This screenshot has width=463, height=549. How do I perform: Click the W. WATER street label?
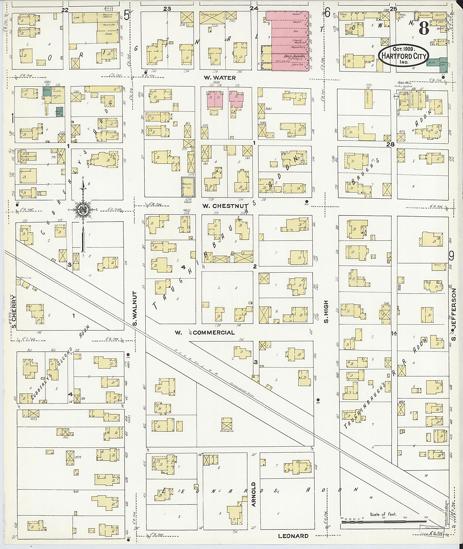click(x=220, y=78)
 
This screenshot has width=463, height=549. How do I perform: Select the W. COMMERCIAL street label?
click(x=205, y=332)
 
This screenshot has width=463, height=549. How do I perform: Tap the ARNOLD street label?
click(x=253, y=494)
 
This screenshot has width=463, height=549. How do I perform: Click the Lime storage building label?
click(x=77, y=18)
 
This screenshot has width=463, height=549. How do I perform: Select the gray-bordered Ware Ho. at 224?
click(x=188, y=187)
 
